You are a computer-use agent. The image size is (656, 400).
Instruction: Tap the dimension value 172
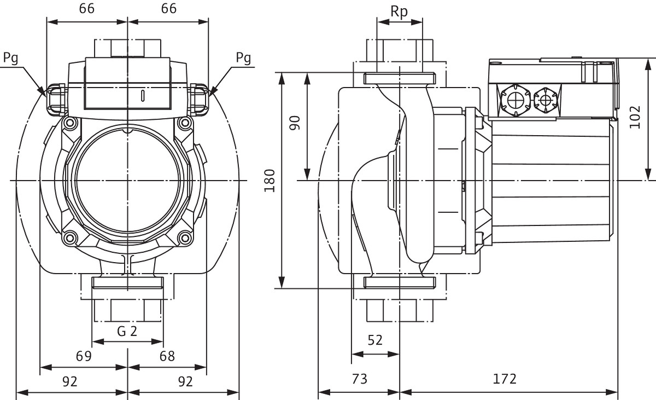tap(505, 379)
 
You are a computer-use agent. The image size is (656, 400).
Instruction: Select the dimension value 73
tap(359, 379)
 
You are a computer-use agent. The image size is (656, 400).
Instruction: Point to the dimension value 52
tap(375, 340)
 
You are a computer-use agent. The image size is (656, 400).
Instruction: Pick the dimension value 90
tap(296, 123)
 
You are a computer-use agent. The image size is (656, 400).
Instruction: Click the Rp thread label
tap(400, 13)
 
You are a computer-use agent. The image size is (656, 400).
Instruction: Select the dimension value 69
tap(83, 356)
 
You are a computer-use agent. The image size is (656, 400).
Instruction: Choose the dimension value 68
tap(167, 356)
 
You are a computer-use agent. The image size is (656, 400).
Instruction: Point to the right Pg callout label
tap(244, 58)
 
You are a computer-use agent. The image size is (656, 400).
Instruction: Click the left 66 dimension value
tap(87, 9)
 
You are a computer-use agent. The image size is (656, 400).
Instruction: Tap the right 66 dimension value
tap(169, 9)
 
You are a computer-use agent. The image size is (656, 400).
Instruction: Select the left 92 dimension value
tap(70, 381)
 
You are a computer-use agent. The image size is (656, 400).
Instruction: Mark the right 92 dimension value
tap(186, 381)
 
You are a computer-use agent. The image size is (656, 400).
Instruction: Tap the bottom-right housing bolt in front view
tap(186, 237)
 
